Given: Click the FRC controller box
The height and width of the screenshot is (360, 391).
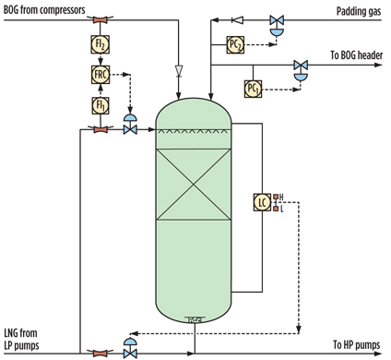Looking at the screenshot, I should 101,75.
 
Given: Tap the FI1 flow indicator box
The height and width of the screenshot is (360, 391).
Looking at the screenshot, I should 101,104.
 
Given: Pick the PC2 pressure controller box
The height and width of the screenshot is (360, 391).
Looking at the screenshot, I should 235,44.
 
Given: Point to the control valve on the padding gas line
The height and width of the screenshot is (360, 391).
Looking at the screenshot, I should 275,20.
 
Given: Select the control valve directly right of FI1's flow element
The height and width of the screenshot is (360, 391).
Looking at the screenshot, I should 130,127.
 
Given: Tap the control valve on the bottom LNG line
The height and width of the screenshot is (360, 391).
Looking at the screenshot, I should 130,350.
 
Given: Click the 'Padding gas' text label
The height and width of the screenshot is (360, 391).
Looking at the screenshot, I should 356,8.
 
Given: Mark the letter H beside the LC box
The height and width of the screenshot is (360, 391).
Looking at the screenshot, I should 280,196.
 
